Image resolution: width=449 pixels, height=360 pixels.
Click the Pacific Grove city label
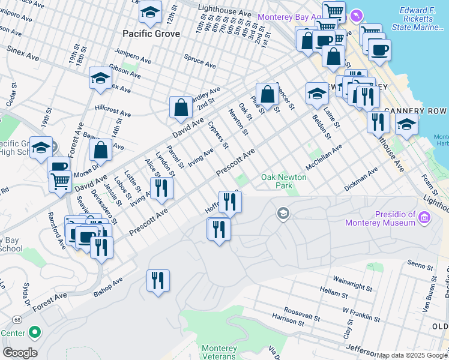click(x=151, y=34)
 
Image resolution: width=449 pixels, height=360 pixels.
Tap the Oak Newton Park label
click(x=283, y=182)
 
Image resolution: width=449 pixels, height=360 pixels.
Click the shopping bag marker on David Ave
click(x=181, y=108)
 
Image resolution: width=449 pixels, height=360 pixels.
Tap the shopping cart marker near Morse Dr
click(x=60, y=181)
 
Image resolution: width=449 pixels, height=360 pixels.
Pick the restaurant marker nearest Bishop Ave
click(x=158, y=281)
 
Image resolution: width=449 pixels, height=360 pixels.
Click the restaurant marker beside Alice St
click(x=161, y=188)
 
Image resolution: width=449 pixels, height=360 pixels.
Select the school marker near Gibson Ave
click(x=101, y=78)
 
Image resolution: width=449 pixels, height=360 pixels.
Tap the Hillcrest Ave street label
click(x=112, y=112)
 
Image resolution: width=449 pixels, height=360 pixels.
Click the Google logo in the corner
click(x=20, y=353)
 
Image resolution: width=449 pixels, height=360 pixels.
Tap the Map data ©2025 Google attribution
click(x=412, y=355)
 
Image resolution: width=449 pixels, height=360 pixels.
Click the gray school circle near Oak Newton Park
click(x=283, y=213)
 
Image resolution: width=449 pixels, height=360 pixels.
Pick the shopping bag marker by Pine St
click(x=267, y=94)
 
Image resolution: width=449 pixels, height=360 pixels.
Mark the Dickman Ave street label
click(x=361, y=179)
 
